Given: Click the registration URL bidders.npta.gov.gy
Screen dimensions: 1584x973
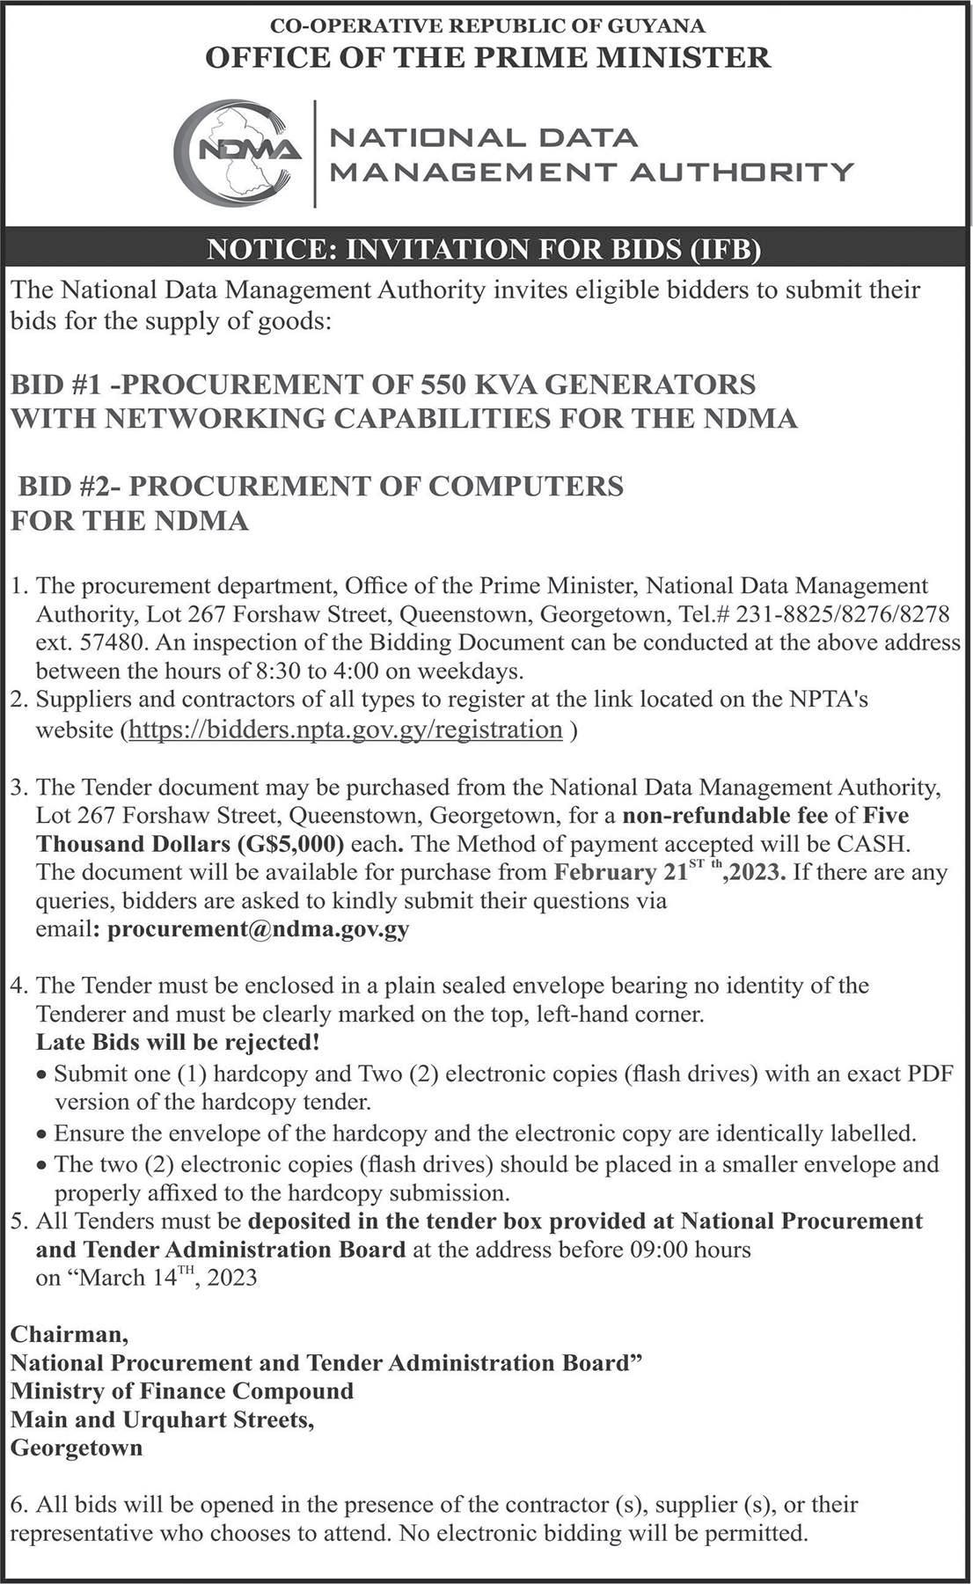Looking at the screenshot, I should pos(346,730).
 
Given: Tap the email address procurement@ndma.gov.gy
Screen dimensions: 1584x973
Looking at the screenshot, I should pos(258,929).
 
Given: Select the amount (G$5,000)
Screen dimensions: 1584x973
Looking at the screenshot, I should pos(289,844).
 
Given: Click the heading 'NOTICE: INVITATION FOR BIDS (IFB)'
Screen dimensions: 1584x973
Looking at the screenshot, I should pos(483,250).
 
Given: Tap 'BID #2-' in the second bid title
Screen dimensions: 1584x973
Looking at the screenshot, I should pos(70,486).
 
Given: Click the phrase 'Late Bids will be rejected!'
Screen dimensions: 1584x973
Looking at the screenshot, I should pos(178,1043).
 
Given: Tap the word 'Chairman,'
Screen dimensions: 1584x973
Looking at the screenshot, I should pos(69,1334).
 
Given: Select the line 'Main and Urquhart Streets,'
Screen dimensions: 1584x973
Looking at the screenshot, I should pos(163,1419).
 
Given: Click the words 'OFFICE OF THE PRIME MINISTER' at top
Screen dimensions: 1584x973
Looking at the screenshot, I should pos(487,57).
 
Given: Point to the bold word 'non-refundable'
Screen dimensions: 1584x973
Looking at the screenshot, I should pos(726,815).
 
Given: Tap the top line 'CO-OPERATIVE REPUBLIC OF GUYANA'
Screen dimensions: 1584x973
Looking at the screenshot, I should pos(487,26).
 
